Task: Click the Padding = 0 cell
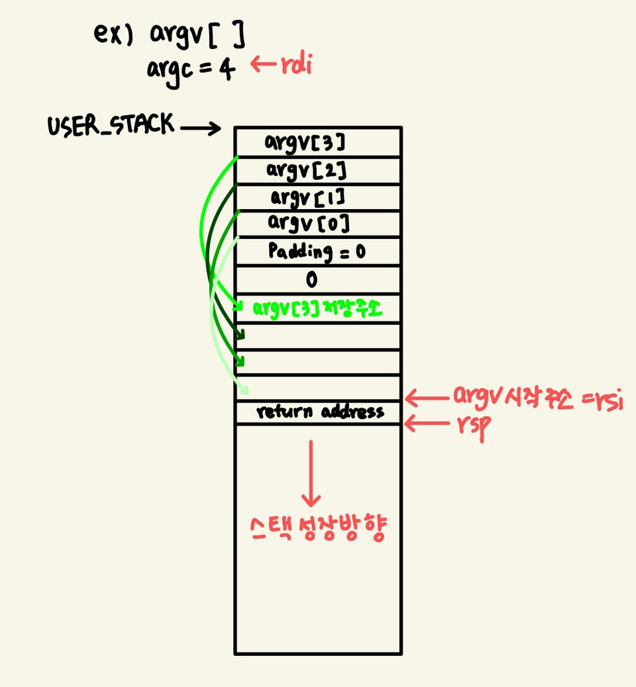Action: (x=317, y=252)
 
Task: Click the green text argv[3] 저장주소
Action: (x=318, y=308)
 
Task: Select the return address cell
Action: (x=320, y=412)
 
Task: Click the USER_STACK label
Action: (x=111, y=126)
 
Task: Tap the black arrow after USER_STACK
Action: (x=200, y=128)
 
